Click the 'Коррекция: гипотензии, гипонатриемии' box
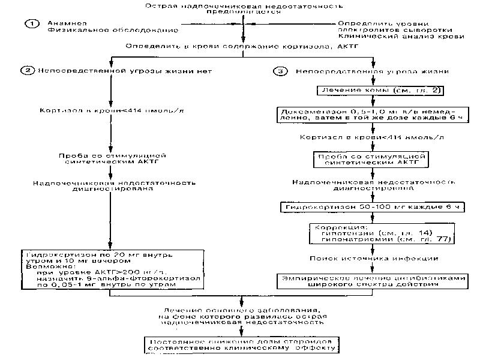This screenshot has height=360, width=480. click(x=381, y=234)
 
